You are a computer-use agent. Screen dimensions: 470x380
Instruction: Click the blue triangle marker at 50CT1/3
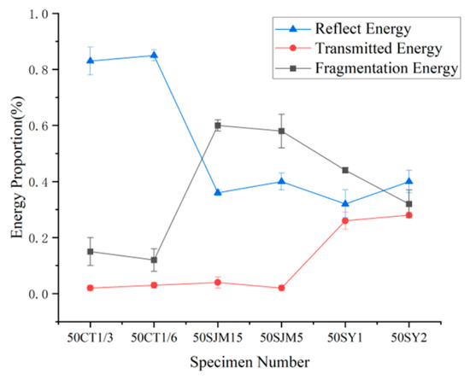91,61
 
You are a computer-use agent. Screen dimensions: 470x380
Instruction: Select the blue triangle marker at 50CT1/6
154,55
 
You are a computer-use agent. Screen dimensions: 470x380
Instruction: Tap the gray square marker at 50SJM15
218,126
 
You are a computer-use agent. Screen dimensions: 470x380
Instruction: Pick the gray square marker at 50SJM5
281,131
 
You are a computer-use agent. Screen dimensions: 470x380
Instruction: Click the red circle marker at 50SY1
345,220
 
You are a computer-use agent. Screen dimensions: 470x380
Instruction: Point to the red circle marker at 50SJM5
281,288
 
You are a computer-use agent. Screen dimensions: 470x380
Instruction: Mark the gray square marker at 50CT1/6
154,260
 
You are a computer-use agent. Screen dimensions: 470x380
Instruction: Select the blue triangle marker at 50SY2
408,181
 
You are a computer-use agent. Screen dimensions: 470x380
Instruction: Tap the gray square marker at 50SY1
345,170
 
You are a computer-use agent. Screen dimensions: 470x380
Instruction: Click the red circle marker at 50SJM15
218,283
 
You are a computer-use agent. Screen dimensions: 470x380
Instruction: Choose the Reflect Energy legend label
363,29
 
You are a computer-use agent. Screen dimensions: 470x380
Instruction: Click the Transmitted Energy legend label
379,49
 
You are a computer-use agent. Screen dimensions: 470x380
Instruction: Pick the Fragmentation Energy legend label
386,68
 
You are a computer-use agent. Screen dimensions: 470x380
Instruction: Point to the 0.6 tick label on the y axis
39,126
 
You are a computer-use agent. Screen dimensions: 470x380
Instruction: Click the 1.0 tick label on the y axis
39,14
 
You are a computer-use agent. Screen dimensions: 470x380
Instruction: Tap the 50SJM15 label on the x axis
218,338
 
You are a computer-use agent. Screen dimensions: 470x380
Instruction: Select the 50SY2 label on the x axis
408,338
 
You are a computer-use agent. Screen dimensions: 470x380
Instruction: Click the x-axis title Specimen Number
250,362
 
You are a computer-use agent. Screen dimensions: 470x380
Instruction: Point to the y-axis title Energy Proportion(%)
17,167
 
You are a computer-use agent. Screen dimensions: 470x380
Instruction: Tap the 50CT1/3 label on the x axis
91,338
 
